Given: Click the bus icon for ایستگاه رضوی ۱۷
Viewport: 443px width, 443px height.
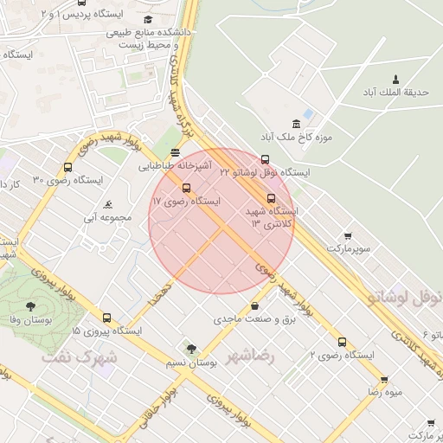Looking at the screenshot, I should [186, 188].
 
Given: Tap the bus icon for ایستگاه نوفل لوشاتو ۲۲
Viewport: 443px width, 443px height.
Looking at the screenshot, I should [265, 159].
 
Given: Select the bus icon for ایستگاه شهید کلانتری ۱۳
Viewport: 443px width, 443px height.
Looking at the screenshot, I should [272, 197].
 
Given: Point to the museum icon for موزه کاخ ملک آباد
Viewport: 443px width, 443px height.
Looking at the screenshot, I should [297, 123].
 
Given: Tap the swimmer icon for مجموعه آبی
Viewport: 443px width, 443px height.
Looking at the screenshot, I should [107, 205].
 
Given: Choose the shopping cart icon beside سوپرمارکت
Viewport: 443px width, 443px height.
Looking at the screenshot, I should [348, 235].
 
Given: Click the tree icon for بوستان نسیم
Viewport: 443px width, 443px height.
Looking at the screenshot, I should [191, 349].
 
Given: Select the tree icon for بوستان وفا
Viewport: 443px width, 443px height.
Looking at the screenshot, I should [31, 306].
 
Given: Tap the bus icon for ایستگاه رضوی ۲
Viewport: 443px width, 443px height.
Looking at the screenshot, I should [342, 342].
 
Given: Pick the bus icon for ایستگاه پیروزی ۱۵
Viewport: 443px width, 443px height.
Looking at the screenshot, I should [107, 318].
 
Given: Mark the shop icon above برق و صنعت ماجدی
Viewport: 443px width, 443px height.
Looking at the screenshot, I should [254, 305].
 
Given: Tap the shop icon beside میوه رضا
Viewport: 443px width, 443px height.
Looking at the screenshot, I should [383, 379].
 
